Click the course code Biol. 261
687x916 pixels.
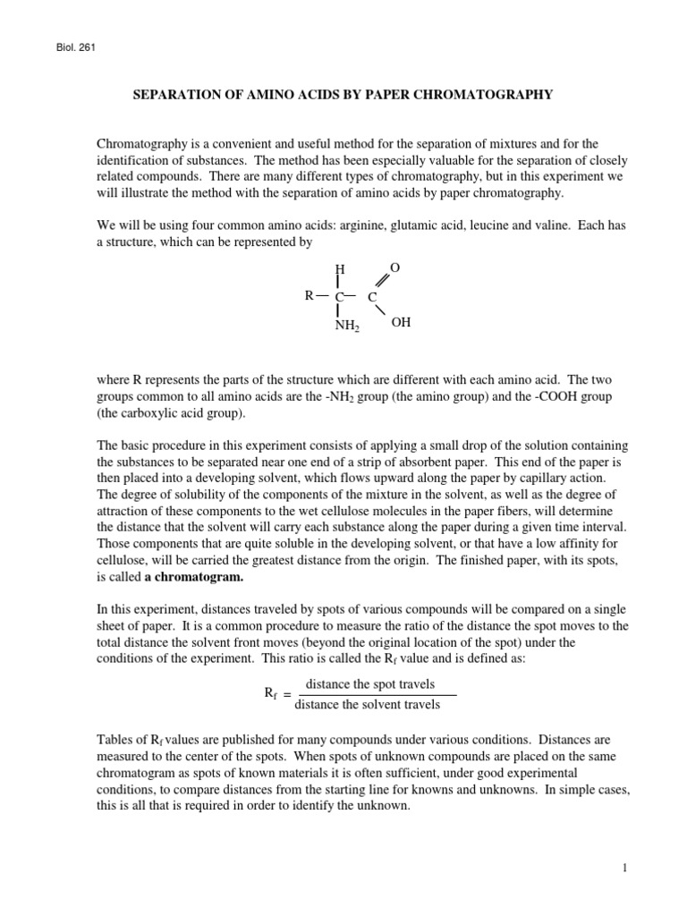pos(74,47)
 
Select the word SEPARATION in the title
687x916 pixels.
pos(179,94)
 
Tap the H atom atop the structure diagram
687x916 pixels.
pos(339,268)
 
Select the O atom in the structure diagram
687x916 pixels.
pos(395,267)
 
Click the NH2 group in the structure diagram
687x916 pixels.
pos(346,326)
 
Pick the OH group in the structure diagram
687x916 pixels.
pos(401,322)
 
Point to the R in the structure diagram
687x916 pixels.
pos(309,294)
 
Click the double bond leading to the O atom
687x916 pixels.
pos(385,281)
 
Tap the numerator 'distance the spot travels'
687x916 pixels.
pos(370,684)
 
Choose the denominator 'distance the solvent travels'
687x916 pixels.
pos(367,705)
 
